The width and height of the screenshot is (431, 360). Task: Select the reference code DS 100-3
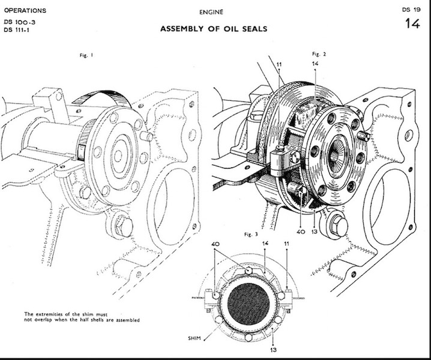point(19,22)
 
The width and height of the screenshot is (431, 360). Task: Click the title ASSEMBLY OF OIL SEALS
point(214,28)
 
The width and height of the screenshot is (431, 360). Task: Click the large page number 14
point(412,25)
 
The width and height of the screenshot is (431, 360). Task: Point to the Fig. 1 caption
point(88,55)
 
